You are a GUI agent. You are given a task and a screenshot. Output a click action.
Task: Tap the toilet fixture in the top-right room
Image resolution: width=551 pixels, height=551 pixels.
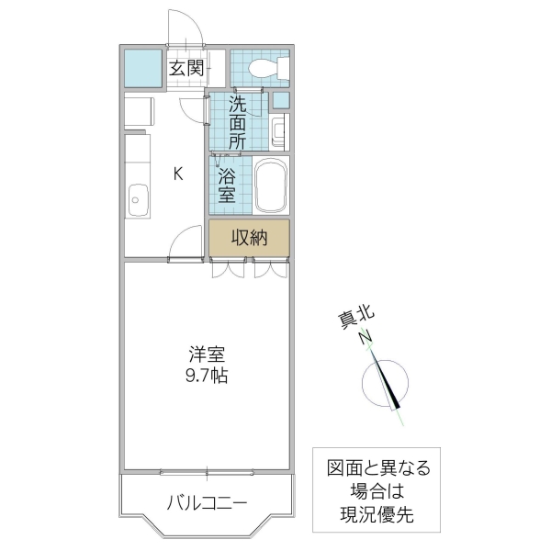coord(267,66)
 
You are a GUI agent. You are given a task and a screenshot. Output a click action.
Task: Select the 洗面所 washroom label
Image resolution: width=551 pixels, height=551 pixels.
coord(238,122)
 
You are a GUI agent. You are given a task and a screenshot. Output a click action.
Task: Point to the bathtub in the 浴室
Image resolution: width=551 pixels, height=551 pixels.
coord(271,186)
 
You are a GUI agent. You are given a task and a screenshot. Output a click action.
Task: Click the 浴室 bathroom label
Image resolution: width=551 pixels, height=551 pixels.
coord(227,185)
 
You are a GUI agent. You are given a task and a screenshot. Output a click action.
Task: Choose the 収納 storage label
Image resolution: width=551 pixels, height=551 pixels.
coord(248,238)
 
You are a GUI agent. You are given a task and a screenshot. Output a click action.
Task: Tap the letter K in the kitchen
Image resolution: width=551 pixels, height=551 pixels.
coord(179,173)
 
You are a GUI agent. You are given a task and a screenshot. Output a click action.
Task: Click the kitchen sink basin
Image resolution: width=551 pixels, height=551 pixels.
coord(138,198)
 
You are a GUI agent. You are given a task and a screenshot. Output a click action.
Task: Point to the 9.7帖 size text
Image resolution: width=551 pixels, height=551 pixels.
coord(208,375)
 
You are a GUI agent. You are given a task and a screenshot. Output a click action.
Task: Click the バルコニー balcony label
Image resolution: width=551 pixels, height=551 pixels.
coord(207,503)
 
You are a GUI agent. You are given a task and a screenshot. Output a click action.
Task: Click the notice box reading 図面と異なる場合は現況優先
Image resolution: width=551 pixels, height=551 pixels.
coord(377,490)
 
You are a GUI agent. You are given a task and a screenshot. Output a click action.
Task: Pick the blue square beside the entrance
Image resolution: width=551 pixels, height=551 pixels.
coord(142,66)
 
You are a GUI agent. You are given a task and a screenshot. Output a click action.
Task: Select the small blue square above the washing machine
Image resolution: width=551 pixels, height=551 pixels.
coord(281,100)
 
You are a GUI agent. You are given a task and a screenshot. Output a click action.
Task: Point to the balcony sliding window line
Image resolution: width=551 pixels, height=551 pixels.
coord(207,472)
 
